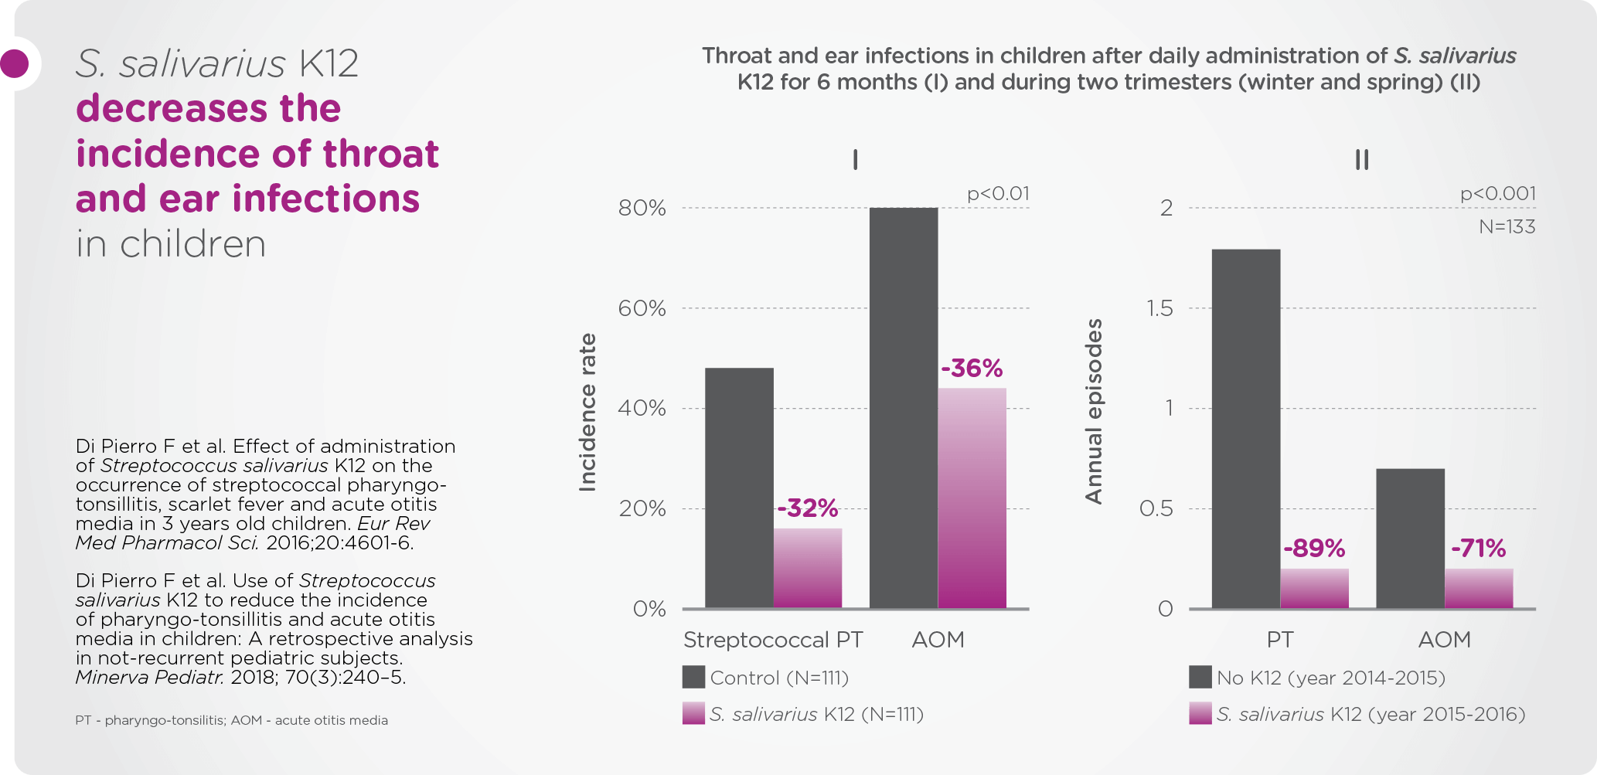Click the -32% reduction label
pos(808,508)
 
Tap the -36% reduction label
pos(972,368)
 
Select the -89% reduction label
pos(1314,549)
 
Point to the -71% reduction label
pos(1478,549)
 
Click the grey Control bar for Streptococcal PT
pos(739,488)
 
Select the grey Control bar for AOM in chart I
pos(904,408)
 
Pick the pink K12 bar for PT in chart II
pos(1314,589)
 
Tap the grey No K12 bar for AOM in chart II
pos(1411,539)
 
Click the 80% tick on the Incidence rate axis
pos(642,208)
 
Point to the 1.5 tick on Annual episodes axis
pos(1159,308)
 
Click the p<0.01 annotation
pos(998,194)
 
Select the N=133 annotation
pos(1507,226)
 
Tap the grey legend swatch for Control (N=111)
pos(693,677)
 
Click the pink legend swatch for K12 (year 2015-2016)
pos(1200,713)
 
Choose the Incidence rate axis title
pos(587,413)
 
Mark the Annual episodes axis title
pos(1094,411)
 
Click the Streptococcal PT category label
pos(773,640)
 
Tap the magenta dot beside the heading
pos(14,63)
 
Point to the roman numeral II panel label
pos(1362,160)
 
